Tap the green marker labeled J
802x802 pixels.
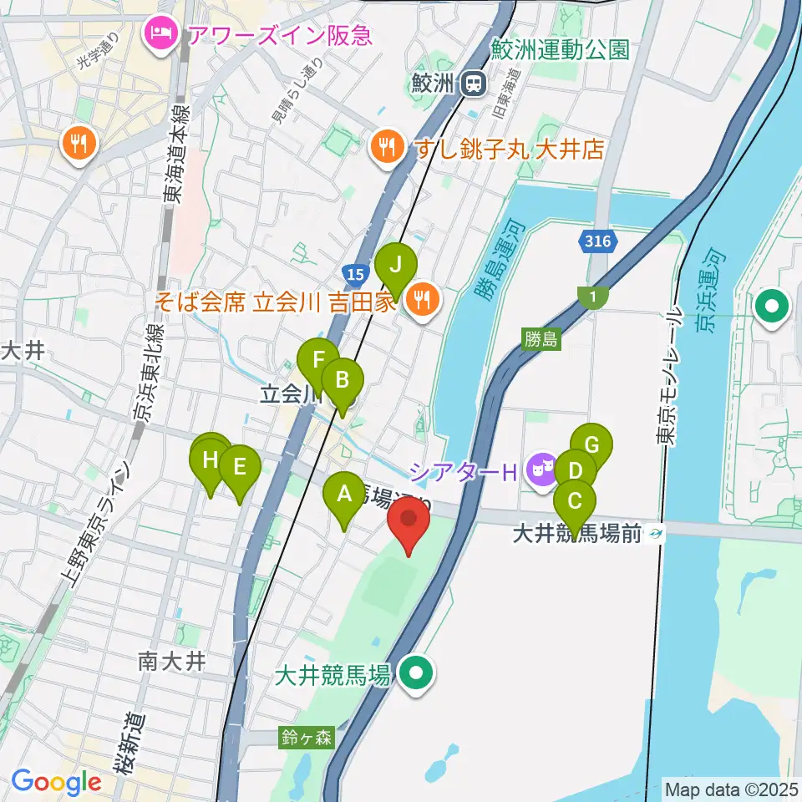click(x=396, y=266)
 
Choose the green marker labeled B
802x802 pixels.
click(x=343, y=382)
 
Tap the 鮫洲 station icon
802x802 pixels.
click(x=475, y=83)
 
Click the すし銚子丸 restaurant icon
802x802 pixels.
click(x=385, y=148)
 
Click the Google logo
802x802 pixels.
click(x=56, y=783)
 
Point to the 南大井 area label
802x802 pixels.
click(x=171, y=662)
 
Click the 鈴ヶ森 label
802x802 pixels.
click(x=307, y=737)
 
